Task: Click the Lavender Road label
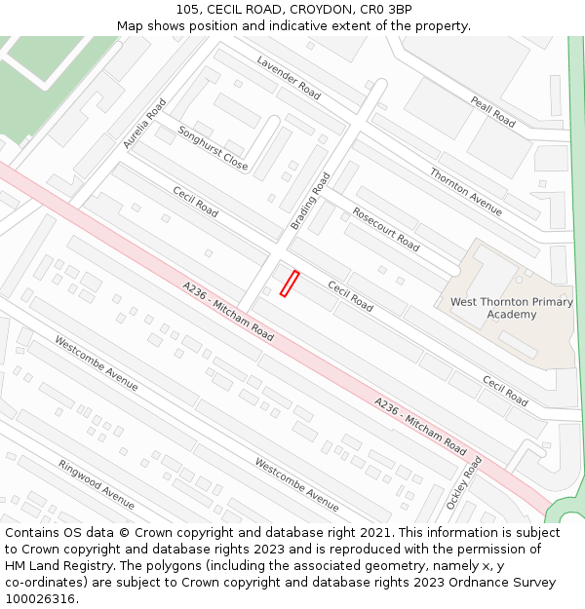pos(289,77)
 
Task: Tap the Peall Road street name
pos(492,112)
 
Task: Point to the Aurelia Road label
pos(144,124)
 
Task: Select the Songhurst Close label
pos(213,148)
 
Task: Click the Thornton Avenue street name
pos(466,192)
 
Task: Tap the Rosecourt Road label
pos(386,229)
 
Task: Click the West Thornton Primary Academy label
pos(511,308)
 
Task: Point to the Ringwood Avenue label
pos(96,484)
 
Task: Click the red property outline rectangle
pos(289,284)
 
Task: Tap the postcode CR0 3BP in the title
pos(389,10)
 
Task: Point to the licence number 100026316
pos(41,599)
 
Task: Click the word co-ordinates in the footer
pos(41,583)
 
